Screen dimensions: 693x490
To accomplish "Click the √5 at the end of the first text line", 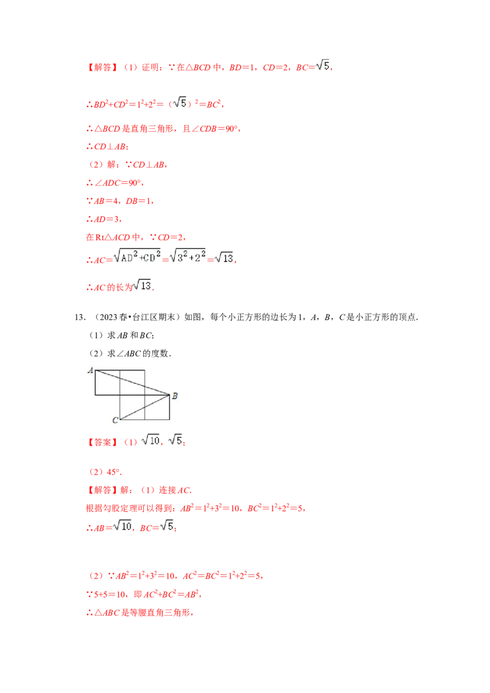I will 322,66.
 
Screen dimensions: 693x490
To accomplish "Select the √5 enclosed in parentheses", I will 180,103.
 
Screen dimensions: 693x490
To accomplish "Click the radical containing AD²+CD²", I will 137,255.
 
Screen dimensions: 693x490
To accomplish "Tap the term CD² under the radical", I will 151,256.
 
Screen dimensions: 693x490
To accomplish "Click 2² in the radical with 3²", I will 198,257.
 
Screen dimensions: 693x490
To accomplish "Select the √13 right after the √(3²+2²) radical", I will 225,258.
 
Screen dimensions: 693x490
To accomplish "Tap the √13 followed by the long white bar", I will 142,286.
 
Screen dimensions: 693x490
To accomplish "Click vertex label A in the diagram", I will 90,370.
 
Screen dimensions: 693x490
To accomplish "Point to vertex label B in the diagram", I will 175,396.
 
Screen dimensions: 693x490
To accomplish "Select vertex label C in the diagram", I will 115,420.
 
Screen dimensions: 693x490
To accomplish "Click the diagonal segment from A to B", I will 132,382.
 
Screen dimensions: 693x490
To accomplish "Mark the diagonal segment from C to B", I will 145,407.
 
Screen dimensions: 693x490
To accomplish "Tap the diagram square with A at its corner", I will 108,382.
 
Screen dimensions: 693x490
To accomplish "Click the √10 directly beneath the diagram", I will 149,439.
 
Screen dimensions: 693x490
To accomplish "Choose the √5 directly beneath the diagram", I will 175,439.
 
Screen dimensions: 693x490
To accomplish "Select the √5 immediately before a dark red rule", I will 167,526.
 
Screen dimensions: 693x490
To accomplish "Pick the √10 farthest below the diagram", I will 123,526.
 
